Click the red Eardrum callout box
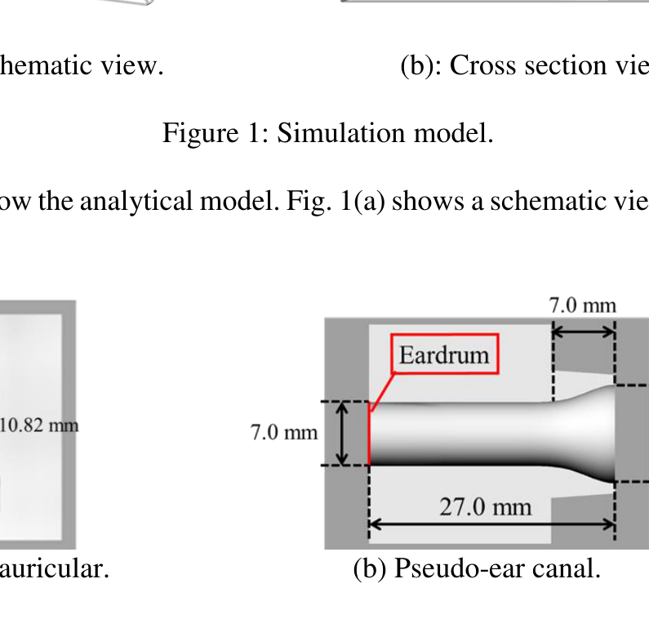444,354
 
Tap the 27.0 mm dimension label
485,506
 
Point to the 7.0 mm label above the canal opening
582,305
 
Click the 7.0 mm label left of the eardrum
284,431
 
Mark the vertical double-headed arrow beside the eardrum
344,433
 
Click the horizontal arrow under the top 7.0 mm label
584,331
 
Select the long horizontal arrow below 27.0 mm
491,524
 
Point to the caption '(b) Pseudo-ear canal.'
477,568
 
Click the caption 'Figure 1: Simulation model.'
327,131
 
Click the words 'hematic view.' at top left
82,65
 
